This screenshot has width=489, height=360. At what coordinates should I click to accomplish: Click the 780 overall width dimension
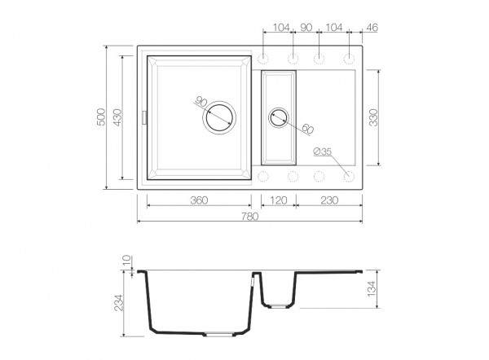click(250, 216)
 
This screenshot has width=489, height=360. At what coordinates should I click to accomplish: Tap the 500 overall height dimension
click(101, 117)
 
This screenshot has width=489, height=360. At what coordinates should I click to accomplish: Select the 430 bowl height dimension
click(117, 117)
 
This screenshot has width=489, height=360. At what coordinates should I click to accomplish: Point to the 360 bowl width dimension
click(199, 200)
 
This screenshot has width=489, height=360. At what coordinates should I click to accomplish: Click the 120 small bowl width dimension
click(278, 200)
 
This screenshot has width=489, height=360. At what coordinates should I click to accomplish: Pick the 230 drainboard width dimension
click(329, 200)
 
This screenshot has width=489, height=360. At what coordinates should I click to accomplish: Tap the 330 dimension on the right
click(373, 117)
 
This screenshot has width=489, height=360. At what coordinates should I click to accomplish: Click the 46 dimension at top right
click(372, 28)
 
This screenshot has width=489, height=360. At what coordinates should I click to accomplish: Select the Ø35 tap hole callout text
click(322, 151)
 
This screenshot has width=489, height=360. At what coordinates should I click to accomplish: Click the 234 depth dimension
click(119, 303)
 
